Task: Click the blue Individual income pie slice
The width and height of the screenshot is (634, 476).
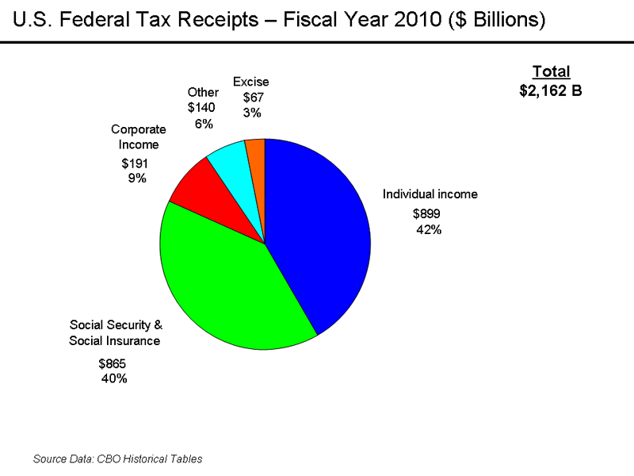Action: click(325, 230)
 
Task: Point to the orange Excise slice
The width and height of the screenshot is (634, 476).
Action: click(256, 151)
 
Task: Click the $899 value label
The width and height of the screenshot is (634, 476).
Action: click(426, 213)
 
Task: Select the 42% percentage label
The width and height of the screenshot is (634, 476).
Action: click(429, 230)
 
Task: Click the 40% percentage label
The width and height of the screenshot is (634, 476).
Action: click(114, 378)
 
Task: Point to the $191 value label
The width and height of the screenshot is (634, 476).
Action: click(135, 163)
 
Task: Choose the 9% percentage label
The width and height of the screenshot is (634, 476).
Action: click(137, 178)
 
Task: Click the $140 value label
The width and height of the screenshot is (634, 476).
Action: click(201, 108)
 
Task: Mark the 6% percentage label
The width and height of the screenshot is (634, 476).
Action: click(204, 124)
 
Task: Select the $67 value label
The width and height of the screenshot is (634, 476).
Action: click(253, 98)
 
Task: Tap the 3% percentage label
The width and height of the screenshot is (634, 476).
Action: click(253, 113)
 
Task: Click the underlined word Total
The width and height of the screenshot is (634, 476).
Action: click(551, 72)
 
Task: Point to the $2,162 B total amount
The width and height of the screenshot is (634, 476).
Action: click(551, 90)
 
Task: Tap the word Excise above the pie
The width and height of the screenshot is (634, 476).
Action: click(250, 82)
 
